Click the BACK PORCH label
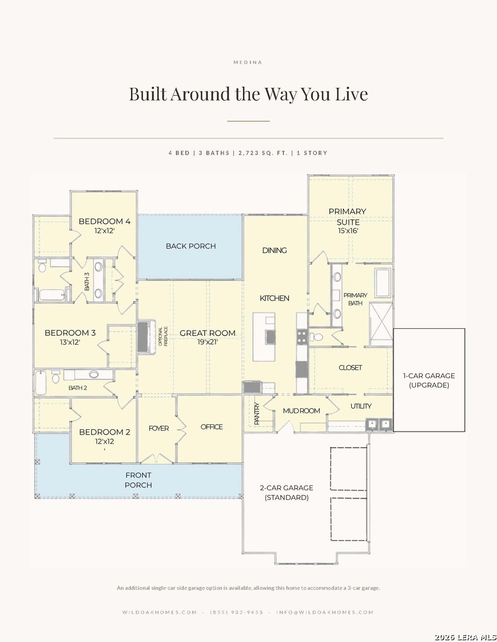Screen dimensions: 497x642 point(190,246)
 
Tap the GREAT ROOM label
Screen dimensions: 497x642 point(208,333)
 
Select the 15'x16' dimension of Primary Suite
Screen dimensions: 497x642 point(348,231)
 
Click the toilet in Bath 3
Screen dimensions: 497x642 point(42,267)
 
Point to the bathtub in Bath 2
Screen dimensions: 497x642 point(40,382)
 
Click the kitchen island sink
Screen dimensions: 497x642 point(271,336)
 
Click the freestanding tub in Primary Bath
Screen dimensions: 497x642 point(383,282)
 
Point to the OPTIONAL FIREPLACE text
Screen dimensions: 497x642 point(163,336)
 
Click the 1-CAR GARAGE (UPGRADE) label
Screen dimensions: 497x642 point(429,380)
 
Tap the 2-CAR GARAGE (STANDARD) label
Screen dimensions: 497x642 point(287,493)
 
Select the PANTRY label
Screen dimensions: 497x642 point(257,414)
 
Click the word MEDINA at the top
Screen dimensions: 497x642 point(248,62)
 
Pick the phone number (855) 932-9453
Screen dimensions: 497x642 point(237,612)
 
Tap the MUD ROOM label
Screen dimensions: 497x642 point(301,411)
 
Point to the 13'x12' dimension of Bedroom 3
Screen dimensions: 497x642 point(70,342)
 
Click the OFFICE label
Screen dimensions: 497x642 point(211,427)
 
